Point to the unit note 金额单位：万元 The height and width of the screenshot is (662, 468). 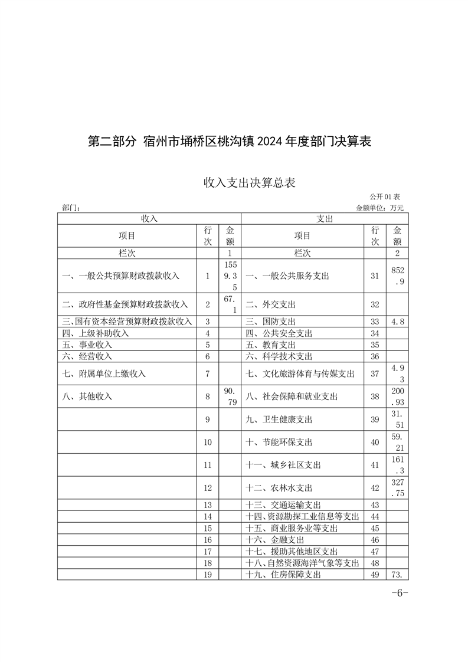pyautogui.click(x=380, y=208)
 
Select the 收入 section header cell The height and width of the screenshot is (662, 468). pyautogui.click(x=149, y=218)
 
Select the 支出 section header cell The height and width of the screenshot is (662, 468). pyautogui.click(x=324, y=218)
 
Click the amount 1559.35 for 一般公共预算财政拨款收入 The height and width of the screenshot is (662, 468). pyautogui.click(x=230, y=276)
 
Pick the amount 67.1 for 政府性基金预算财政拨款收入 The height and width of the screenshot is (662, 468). pyautogui.click(x=230, y=304)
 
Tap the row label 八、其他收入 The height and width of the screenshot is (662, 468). pyautogui.click(x=87, y=397)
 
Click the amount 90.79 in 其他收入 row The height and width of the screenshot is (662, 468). pyautogui.click(x=230, y=396)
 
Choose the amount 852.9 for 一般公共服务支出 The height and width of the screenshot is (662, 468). pyautogui.click(x=397, y=276)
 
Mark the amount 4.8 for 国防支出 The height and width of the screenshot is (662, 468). pyautogui.click(x=397, y=322)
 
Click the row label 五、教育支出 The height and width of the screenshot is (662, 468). pyautogui.click(x=271, y=345)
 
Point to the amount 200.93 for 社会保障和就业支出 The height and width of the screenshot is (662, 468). pyautogui.click(x=397, y=396)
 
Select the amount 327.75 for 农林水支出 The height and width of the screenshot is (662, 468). pyautogui.click(x=397, y=488)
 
